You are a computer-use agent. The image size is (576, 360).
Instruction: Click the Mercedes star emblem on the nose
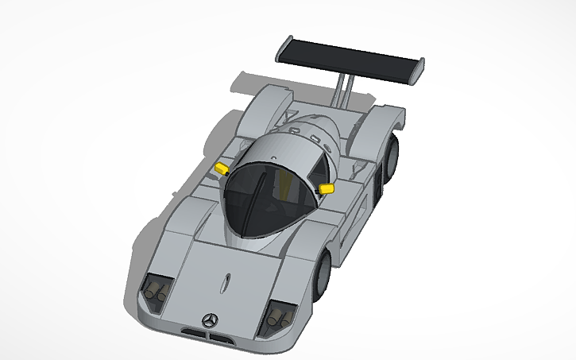point(210,319)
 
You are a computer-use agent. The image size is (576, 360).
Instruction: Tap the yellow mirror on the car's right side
point(222,168)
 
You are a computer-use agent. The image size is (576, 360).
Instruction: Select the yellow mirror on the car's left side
point(326,188)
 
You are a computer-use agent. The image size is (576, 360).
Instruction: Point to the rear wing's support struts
point(344,89)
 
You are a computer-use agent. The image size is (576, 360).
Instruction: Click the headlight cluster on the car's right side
point(154,292)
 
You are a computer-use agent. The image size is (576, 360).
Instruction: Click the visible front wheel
point(323,274)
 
